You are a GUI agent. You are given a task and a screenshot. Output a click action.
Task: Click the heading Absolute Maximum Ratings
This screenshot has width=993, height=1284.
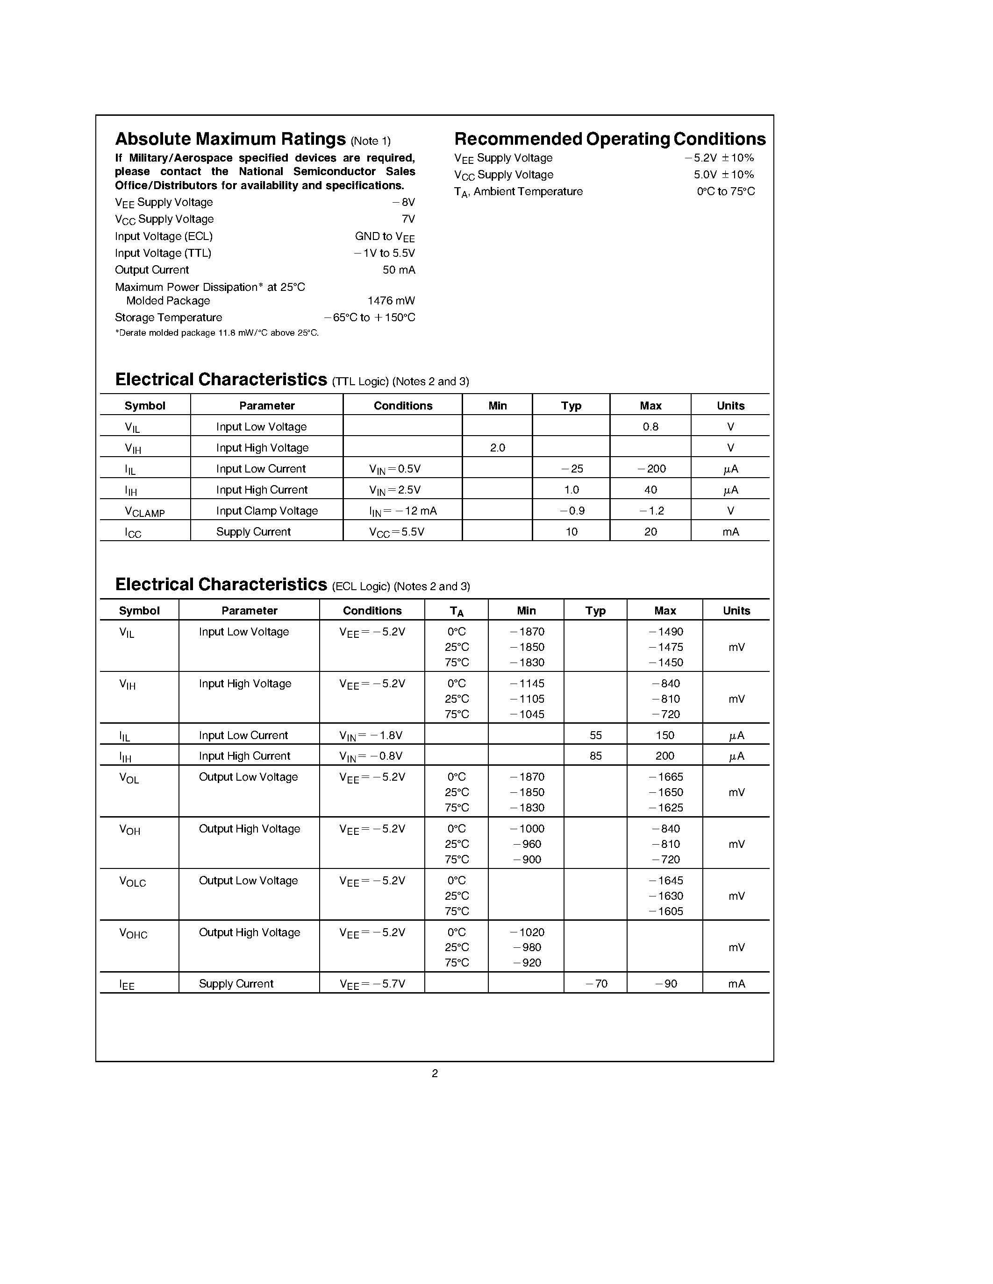point(230,139)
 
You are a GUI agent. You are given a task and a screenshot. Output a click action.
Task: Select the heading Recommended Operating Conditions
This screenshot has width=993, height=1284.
point(609,139)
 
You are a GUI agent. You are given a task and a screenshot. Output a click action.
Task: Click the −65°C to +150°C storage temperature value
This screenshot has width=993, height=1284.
point(370,318)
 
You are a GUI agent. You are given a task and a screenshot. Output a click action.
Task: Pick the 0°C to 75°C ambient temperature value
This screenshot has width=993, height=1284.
point(725,191)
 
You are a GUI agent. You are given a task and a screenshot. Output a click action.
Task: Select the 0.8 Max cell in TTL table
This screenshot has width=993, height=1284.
point(650,427)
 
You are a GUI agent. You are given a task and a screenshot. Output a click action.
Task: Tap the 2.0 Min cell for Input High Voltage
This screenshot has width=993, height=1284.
point(497,448)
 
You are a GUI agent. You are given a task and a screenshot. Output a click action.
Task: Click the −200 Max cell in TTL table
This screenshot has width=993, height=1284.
point(651,469)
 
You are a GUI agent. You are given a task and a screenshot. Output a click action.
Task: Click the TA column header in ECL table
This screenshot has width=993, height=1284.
point(457,612)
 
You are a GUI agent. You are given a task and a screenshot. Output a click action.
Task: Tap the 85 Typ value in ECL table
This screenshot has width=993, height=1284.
point(595,756)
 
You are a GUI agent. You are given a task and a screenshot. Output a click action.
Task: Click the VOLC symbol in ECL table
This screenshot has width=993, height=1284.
point(132,882)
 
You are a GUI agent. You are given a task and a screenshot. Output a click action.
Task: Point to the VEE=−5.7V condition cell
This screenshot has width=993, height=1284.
point(372,984)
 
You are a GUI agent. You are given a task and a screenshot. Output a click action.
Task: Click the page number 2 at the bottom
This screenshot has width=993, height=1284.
point(435,1073)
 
